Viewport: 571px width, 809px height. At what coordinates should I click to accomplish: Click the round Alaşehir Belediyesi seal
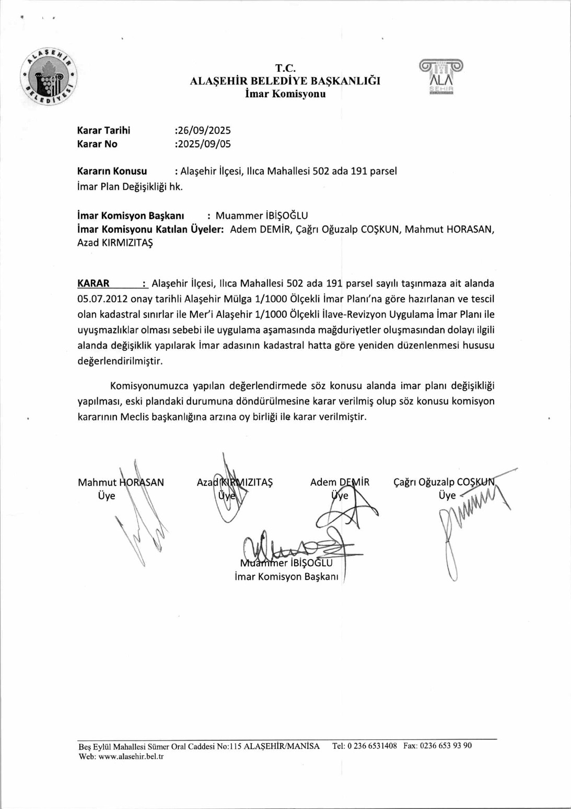49,77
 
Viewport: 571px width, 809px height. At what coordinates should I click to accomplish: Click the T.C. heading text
285,68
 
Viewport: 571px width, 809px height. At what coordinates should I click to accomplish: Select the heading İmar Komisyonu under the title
285,94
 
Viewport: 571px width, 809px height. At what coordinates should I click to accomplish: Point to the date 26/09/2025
204,130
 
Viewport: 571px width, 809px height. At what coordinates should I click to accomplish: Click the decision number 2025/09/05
204,144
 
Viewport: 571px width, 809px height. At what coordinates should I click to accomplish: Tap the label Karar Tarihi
103,130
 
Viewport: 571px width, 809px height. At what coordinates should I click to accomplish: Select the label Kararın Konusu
112,171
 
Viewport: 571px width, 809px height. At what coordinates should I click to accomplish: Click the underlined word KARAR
94,283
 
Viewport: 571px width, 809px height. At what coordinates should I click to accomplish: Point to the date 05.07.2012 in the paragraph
99,299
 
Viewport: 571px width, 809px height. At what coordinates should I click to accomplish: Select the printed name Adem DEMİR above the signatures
340,482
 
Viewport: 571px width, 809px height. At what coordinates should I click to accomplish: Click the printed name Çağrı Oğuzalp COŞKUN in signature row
444,482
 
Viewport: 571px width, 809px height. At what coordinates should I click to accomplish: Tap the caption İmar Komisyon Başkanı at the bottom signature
286,576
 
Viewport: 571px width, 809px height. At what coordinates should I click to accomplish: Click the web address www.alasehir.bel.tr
131,756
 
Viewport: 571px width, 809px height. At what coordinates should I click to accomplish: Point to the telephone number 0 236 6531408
372,746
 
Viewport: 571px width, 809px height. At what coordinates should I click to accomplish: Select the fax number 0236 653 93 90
446,746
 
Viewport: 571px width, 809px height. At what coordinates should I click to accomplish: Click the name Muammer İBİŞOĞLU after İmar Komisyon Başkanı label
262,215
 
